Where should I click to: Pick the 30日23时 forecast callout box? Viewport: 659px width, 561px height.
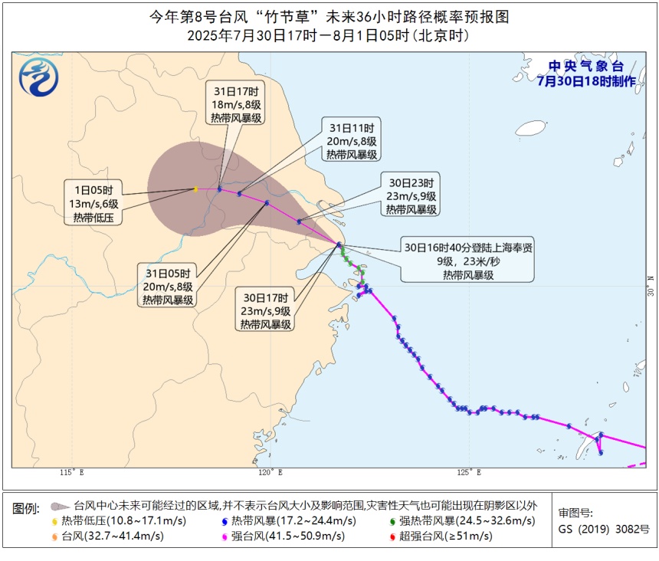(x=411, y=195)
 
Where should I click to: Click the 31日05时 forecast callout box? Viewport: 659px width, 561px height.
(x=168, y=285)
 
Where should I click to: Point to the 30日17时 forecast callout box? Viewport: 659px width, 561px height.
(x=266, y=311)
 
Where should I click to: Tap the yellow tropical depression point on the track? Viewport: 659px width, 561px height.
(x=196, y=189)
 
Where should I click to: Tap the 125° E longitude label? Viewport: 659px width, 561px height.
(x=469, y=473)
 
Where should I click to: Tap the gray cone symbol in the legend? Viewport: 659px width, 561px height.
(x=57, y=506)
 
